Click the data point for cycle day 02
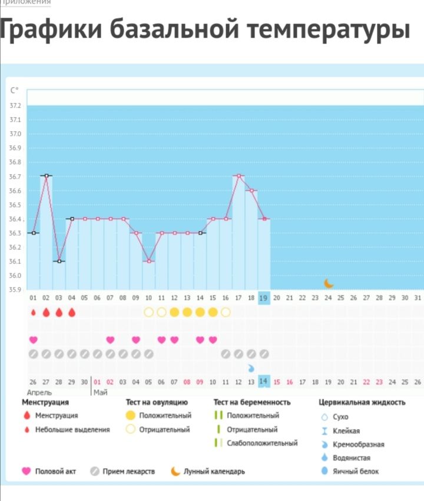[46, 176]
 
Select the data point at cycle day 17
[238, 176]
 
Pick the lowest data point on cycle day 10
[148, 261]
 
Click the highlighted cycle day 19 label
[264, 298]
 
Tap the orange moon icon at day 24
[329, 283]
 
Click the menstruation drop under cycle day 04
[72, 312]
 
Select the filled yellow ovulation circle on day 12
[174, 312]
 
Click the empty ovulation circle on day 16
[226, 312]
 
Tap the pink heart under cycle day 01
[33, 340]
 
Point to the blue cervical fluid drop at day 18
[251, 368]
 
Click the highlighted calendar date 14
[264, 382]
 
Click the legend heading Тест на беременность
[252, 403]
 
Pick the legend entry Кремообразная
[359, 445]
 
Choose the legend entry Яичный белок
[356, 472]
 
